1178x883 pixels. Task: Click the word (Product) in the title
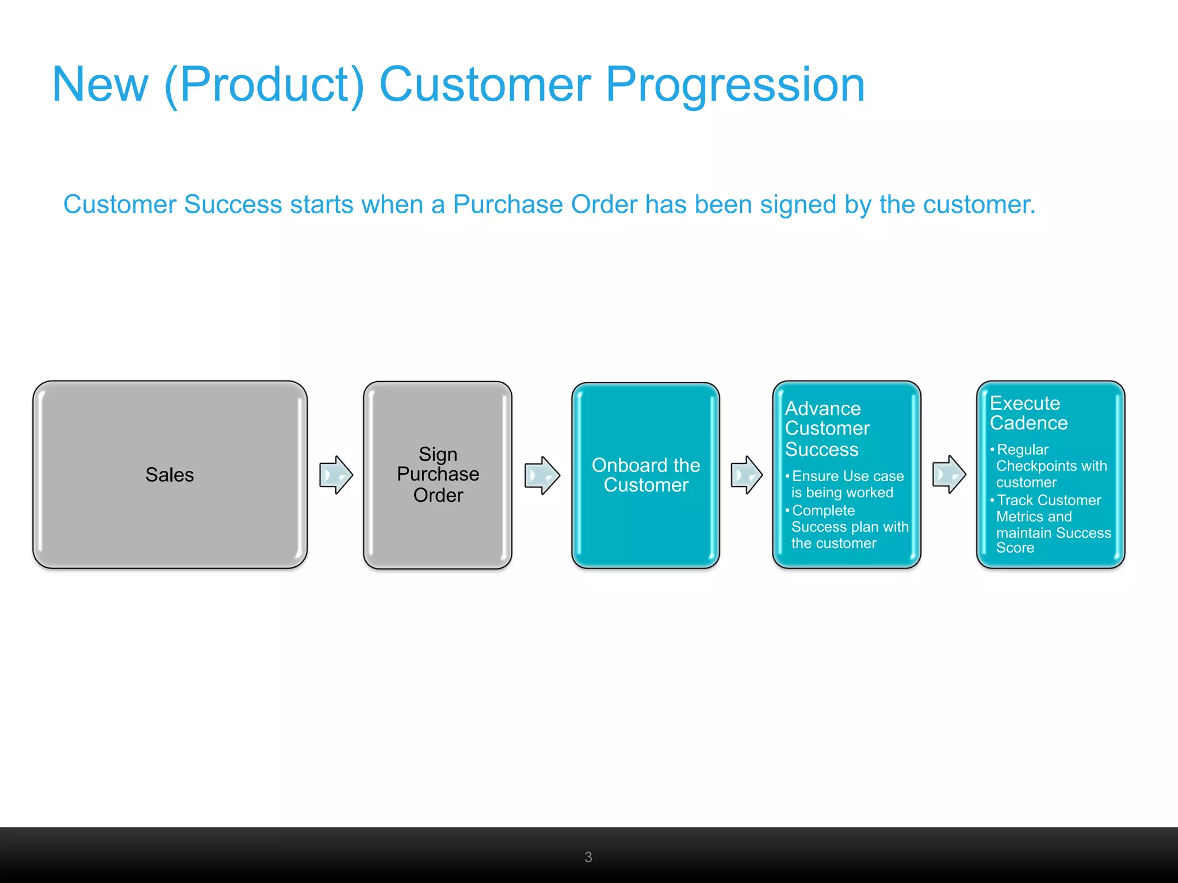[x=264, y=85]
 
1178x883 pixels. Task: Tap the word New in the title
[x=100, y=85]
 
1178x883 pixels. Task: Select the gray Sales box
[x=170, y=475]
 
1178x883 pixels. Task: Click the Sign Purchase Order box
[x=438, y=475]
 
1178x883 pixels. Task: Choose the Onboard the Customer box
[x=645, y=475]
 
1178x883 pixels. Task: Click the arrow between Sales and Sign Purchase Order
[x=336, y=475]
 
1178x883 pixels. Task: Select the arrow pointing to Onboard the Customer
[x=542, y=475]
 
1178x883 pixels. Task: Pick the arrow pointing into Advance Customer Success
[x=747, y=475]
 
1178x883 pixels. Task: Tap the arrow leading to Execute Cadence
[x=949, y=474]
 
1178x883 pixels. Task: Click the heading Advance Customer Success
[x=827, y=429]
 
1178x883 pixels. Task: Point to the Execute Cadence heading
[x=1028, y=413]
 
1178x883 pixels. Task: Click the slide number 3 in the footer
[x=588, y=857]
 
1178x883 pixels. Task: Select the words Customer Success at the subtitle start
[x=173, y=205]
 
